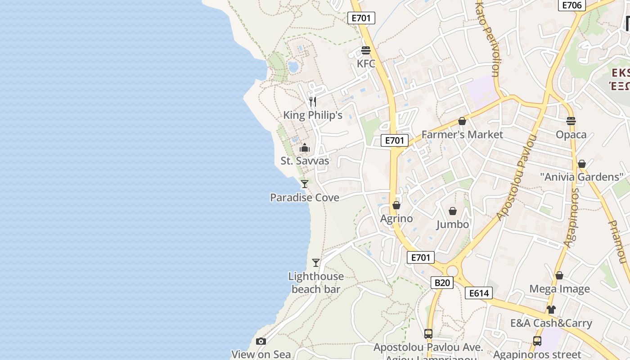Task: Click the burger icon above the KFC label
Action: coord(366,50)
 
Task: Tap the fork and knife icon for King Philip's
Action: coord(313,101)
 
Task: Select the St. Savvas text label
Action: coord(305,161)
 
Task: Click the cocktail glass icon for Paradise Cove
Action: coord(305,184)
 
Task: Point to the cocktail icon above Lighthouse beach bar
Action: coord(316,262)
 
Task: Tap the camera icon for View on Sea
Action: coord(261,342)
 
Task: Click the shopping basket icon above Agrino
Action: coord(396,205)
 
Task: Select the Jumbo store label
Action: coord(453,224)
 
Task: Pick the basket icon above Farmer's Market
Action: coord(462,121)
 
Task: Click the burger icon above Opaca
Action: coord(571,121)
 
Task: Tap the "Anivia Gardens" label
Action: coord(581,177)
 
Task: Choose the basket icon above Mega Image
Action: coord(559,275)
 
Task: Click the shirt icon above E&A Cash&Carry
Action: coord(551,310)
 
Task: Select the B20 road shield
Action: coord(442,283)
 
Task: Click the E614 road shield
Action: coord(479,293)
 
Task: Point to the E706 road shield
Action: coord(572,5)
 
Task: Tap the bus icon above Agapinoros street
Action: coord(537,341)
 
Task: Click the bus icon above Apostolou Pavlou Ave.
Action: coord(428,334)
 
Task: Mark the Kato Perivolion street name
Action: coord(488,38)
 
